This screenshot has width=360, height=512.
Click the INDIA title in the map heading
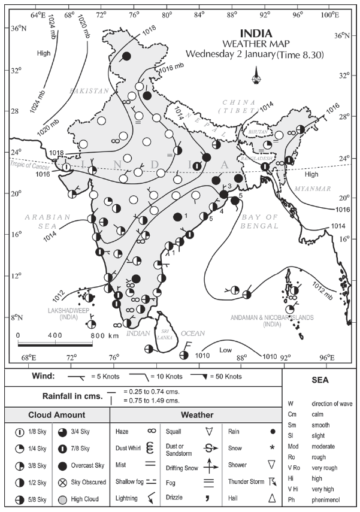(x=256, y=33)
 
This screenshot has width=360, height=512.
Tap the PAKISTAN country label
(x=89, y=90)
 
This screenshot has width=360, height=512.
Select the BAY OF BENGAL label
(x=260, y=222)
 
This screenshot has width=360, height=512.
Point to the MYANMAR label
(x=312, y=189)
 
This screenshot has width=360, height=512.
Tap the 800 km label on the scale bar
(x=99, y=336)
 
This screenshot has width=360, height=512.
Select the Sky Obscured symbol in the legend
(x=63, y=481)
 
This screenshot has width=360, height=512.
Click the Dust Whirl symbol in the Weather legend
(x=152, y=448)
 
